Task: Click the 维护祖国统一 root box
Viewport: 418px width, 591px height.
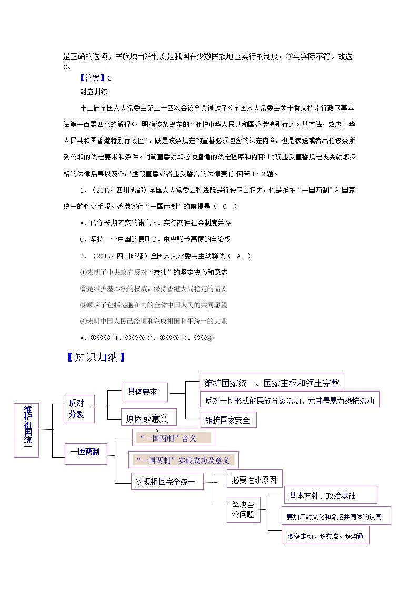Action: pyautogui.click(x=26, y=429)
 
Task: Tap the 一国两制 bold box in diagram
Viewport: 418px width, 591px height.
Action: pyautogui.click(x=85, y=452)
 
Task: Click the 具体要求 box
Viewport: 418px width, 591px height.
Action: pyautogui.click(x=144, y=392)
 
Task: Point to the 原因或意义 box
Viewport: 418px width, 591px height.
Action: pyautogui.click(x=148, y=418)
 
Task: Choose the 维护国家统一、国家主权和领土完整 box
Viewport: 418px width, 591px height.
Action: pyautogui.click(x=272, y=383)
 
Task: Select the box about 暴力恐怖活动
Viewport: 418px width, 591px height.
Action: pyautogui.click(x=290, y=400)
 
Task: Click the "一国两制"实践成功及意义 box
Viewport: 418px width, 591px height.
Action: pyautogui.click(x=183, y=460)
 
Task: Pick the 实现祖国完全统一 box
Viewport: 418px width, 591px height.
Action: pyautogui.click(x=167, y=481)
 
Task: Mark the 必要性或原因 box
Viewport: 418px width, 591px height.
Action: pyautogui.click(x=254, y=479)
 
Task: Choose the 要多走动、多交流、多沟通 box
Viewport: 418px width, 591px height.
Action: pyautogui.click(x=325, y=537)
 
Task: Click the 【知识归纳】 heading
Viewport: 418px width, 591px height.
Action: pyautogui.click(x=96, y=358)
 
